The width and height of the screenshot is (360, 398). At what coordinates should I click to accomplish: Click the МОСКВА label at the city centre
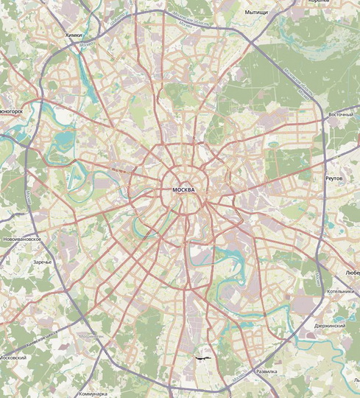pos(183,190)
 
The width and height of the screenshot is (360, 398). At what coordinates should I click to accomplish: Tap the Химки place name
pos(74,35)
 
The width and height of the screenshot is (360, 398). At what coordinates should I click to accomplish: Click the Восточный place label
pos(341,115)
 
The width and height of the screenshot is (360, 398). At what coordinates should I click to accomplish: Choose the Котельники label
pos(342,291)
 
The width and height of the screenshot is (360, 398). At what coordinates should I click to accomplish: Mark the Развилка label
pos(265,371)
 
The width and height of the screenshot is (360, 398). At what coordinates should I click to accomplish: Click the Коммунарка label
pos(93,394)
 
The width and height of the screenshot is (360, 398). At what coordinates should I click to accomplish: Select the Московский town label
pos(13,357)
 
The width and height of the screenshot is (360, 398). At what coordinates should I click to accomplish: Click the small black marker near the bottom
pos(202,357)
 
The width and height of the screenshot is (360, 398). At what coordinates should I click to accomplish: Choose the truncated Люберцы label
pos(352,270)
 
